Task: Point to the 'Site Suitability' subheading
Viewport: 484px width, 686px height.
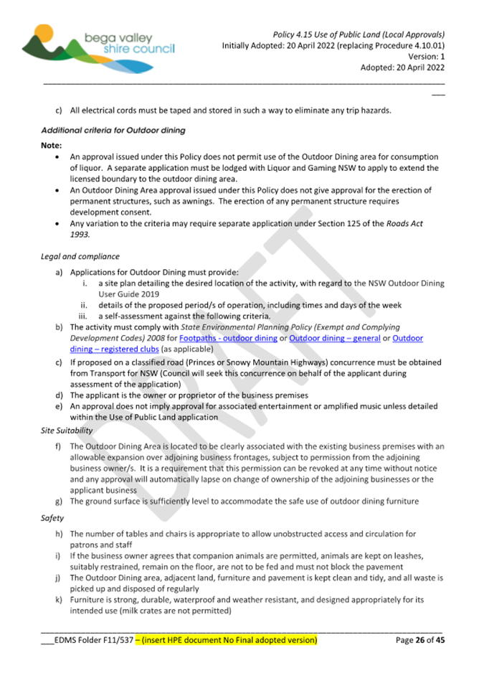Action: coord(67,431)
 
